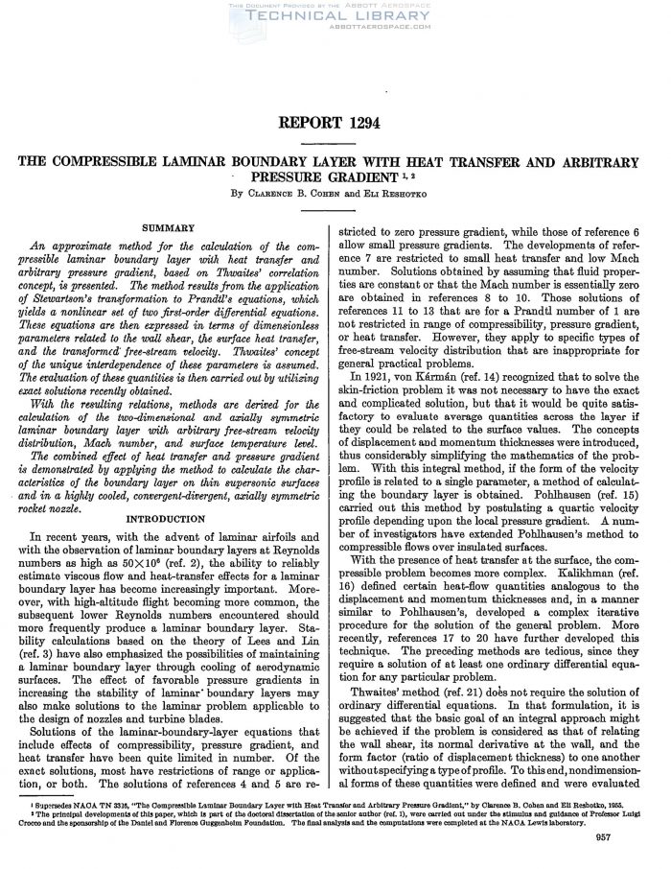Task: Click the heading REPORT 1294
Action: click(335, 125)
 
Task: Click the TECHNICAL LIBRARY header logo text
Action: click(335, 17)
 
